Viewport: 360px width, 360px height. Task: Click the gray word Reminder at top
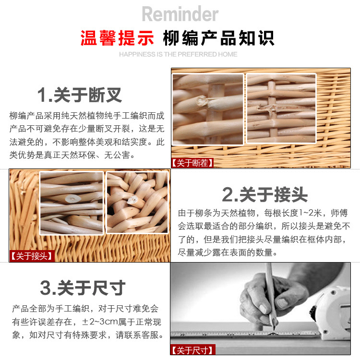tap(180, 14)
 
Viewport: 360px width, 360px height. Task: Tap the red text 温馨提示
tap(117, 38)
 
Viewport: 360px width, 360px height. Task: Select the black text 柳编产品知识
tap(218, 38)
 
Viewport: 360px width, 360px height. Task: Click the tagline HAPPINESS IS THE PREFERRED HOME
tap(178, 54)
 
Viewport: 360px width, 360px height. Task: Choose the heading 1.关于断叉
tap(79, 95)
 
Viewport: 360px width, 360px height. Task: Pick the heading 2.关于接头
tap(264, 195)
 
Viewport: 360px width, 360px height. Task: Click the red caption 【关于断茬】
tap(192, 163)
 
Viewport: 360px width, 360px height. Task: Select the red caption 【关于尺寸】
tap(192, 350)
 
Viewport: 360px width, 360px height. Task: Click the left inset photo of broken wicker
tap(208, 109)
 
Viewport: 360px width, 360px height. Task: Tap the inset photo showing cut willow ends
tap(72, 203)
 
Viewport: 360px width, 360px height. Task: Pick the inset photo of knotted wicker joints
tap(137, 202)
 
